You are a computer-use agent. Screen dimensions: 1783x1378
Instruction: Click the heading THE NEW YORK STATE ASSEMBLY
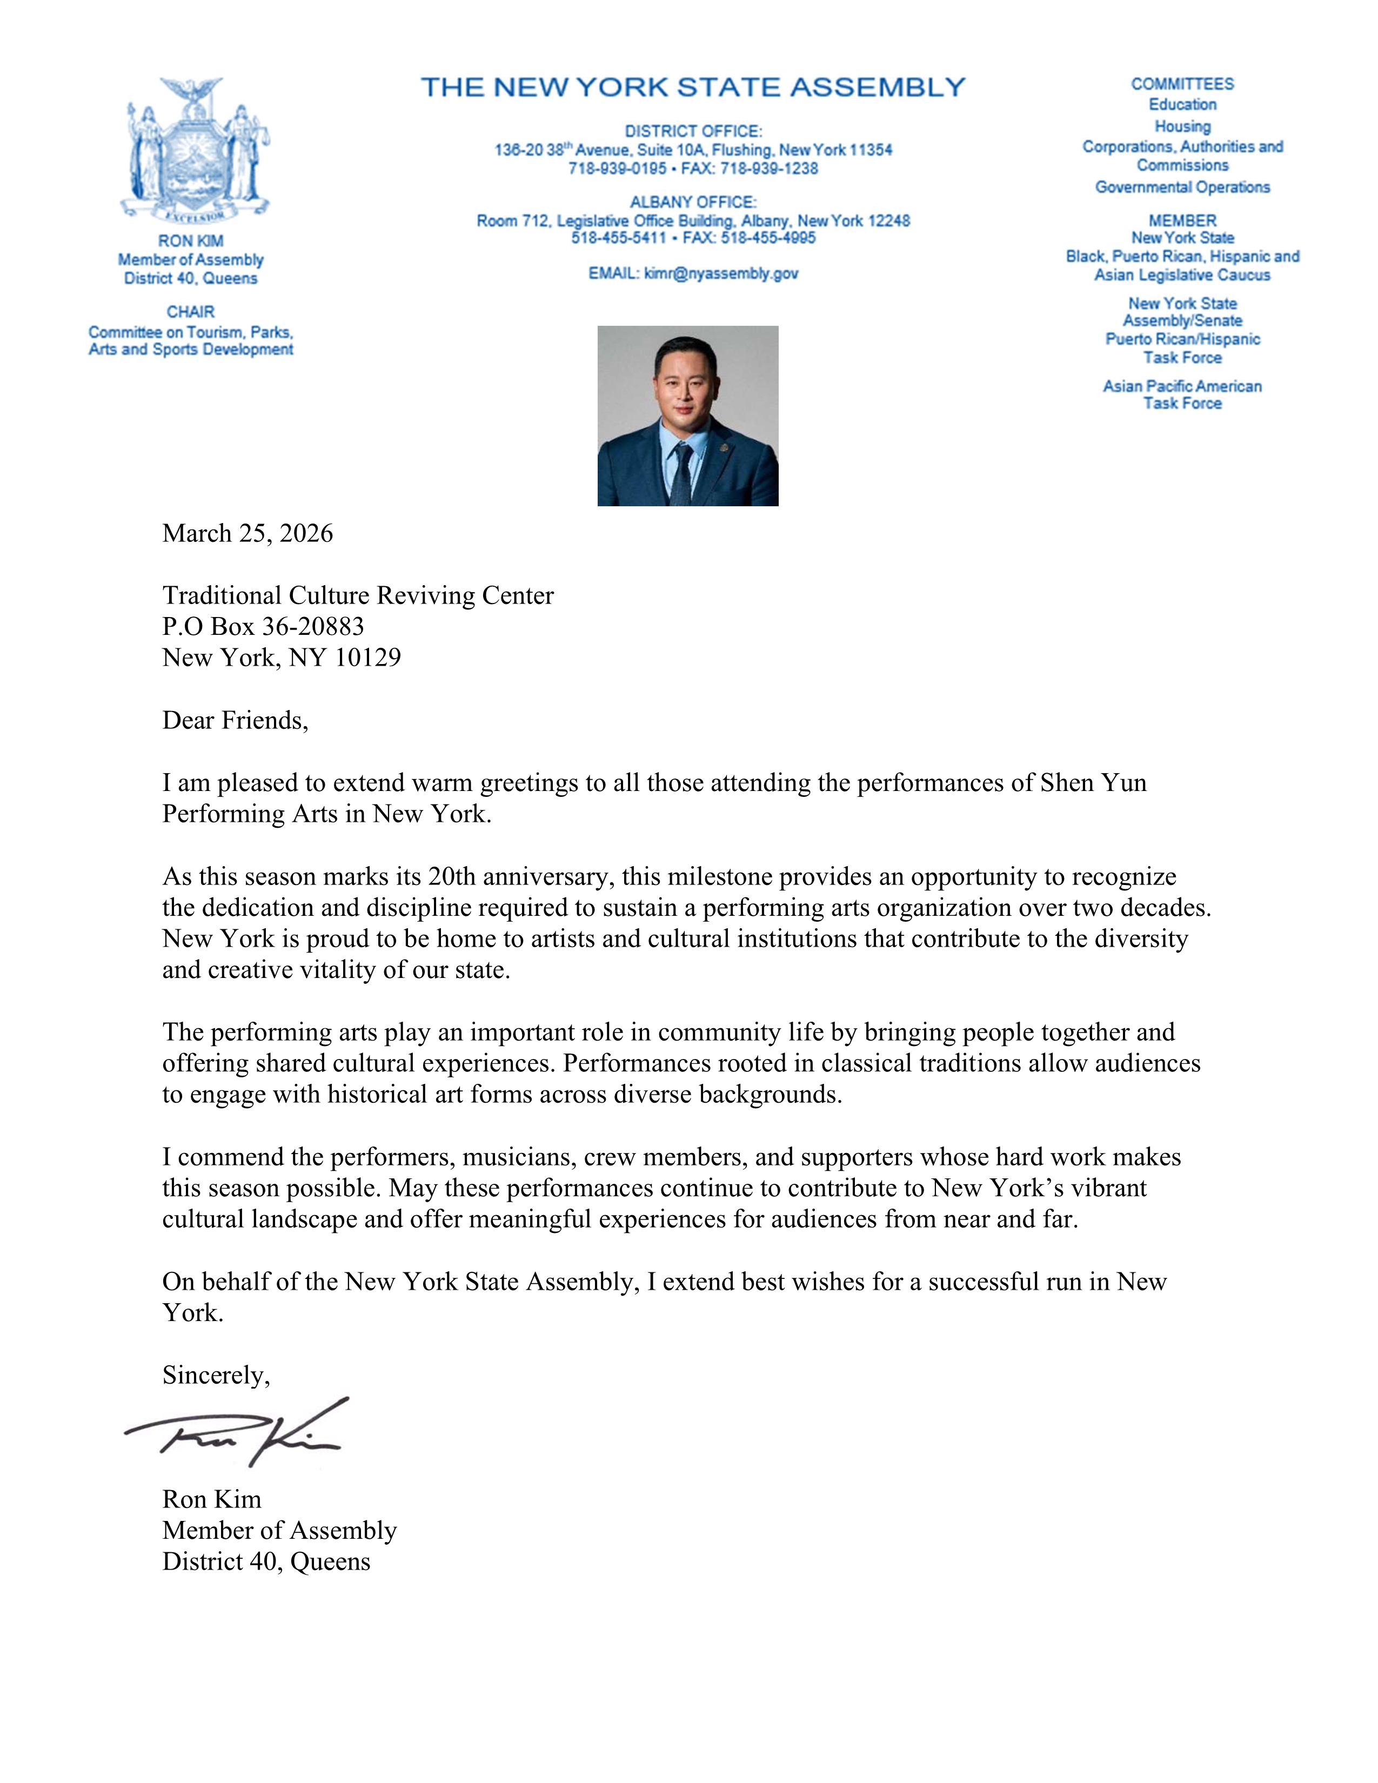point(692,88)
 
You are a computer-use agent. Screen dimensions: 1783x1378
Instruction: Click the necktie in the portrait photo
point(681,473)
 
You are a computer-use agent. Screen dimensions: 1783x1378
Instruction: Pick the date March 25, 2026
point(247,533)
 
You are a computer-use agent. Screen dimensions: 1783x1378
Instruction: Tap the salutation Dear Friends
point(235,720)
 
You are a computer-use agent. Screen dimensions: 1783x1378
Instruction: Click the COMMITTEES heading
point(1181,84)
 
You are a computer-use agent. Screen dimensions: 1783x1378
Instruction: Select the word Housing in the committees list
point(1182,126)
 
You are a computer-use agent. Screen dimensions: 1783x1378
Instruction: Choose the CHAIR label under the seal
point(190,312)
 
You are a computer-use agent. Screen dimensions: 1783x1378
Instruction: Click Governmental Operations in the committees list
point(1182,187)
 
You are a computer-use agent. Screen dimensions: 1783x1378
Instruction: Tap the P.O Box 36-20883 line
point(263,626)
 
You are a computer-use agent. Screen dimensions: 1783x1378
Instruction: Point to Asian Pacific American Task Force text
point(1182,394)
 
